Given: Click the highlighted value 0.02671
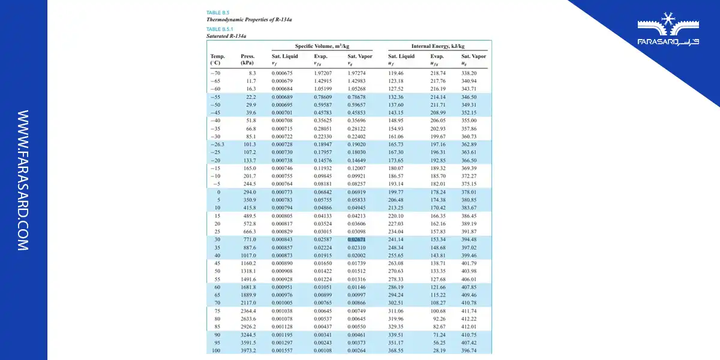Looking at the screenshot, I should point(356,239).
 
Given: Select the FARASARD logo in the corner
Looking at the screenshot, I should point(668,35).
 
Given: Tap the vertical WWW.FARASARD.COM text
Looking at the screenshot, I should point(23,180).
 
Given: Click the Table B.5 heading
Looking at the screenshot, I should point(218,12).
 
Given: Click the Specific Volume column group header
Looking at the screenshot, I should point(322,46).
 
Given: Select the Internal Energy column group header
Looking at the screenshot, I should point(437,46).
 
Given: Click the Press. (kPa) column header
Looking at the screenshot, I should point(247,59).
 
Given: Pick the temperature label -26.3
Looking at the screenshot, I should point(217,144).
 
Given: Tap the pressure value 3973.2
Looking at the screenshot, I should point(247,350).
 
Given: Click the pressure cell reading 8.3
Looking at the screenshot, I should point(252,73).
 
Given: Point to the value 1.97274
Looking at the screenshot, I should point(356,73).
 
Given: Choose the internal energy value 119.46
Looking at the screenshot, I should point(395,73).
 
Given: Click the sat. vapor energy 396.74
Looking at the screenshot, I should point(469,350).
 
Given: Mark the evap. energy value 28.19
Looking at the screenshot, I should point(439,350).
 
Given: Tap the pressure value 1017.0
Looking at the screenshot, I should point(247,255).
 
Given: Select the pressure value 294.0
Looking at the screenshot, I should point(248,192).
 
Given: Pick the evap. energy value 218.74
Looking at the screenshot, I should point(438,73).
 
